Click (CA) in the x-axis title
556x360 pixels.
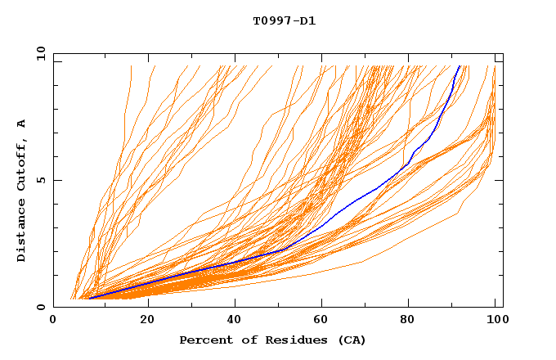tap(351, 340)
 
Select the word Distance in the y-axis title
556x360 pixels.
tap(22, 231)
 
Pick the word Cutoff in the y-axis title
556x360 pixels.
tap(22, 164)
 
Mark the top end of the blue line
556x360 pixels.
tap(460, 65)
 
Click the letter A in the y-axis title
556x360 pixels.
tap(22, 123)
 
